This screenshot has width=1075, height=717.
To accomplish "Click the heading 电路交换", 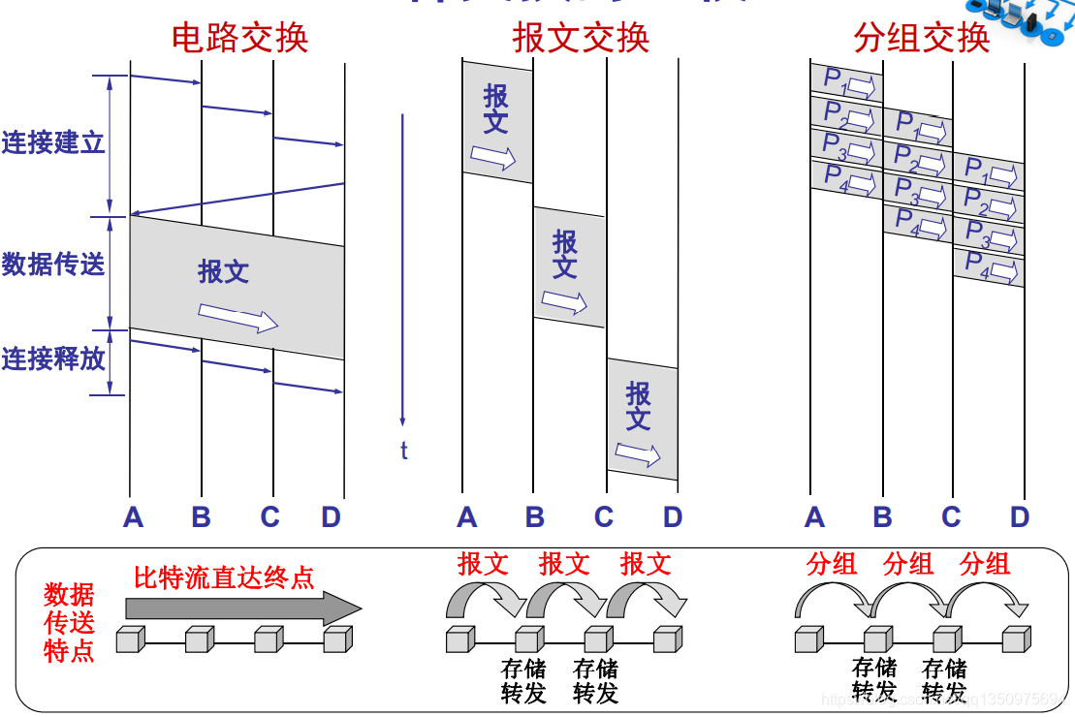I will tap(239, 38).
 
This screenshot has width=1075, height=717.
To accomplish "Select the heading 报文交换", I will tap(581, 38).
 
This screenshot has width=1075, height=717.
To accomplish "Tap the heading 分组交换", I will tap(921, 38).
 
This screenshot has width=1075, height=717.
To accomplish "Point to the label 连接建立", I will tap(52, 143).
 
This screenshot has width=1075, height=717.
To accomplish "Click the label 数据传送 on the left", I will tap(52, 264).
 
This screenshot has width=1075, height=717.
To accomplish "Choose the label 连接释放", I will tap(52, 358).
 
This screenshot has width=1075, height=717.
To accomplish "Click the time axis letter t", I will tap(403, 451).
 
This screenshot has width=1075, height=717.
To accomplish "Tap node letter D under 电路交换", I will tap(332, 517).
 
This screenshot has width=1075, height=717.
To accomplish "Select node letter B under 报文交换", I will tap(534, 517).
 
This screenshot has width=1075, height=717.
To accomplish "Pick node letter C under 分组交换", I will tap(951, 517).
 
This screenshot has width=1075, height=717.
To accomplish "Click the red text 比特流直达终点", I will tap(224, 578).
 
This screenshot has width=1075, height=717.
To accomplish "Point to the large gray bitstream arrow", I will tap(242, 609).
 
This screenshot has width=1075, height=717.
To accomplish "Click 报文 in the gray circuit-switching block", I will tap(224, 271).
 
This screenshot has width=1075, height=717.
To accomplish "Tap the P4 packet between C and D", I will tap(989, 266).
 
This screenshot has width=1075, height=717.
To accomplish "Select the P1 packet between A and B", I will tap(846, 81).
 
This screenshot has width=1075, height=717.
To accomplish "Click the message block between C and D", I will tap(642, 419).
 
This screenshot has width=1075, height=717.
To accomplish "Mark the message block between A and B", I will tap(497, 122).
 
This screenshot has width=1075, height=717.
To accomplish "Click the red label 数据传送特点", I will tap(69, 622).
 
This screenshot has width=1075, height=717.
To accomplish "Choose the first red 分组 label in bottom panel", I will tap(832, 563).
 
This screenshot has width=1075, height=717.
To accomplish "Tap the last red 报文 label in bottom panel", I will tap(646, 563).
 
